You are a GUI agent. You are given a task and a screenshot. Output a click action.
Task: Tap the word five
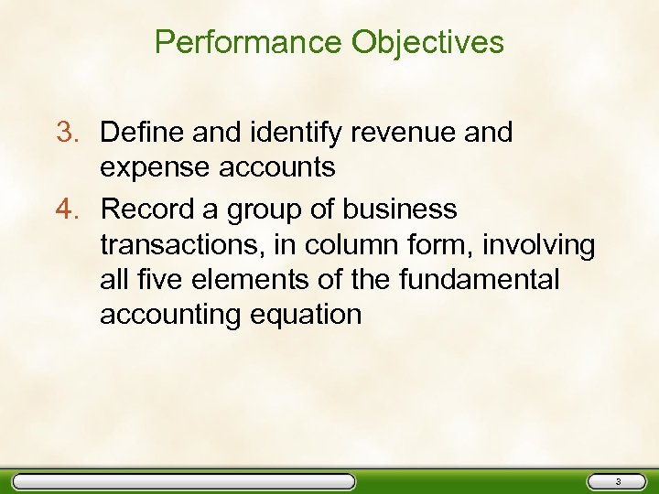pyautogui.click(x=156, y=280)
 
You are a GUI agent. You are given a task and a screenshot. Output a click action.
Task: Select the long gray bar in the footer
pyautogui.click(x=184, y=481)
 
